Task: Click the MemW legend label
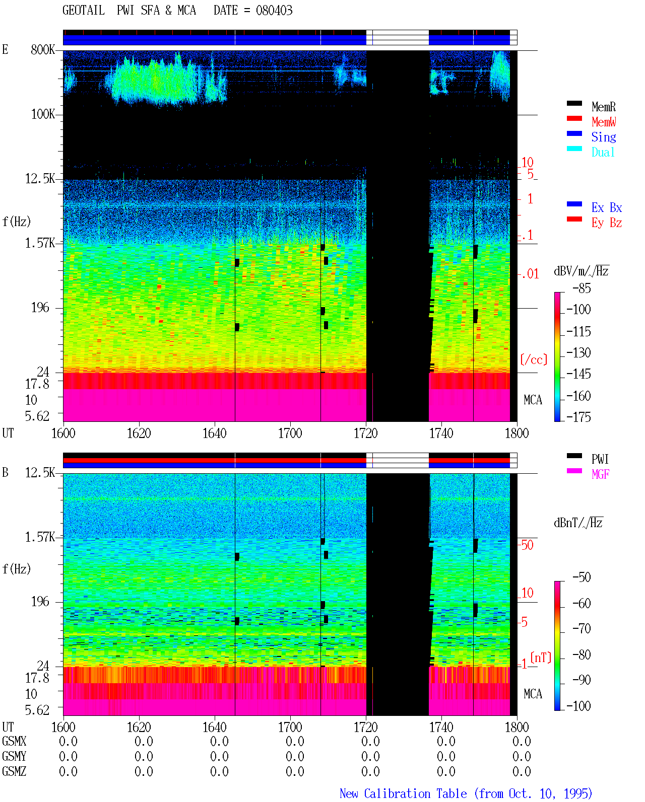coord(603,122)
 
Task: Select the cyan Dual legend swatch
coord(574,149)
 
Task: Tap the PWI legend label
coord(600,459)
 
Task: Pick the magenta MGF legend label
coord(600,474)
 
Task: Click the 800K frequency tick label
coord(43,49)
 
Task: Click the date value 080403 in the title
coord(274,11)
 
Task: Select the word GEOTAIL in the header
coord(84,11)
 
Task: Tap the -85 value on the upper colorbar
coord(582,288)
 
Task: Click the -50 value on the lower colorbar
coord(582,577)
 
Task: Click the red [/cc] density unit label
coord(534,359)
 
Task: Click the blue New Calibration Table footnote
coord(466,794)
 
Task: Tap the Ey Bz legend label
coord(607,223)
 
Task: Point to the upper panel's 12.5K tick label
coord(40,179)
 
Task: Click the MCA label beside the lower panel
coord(533,694)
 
